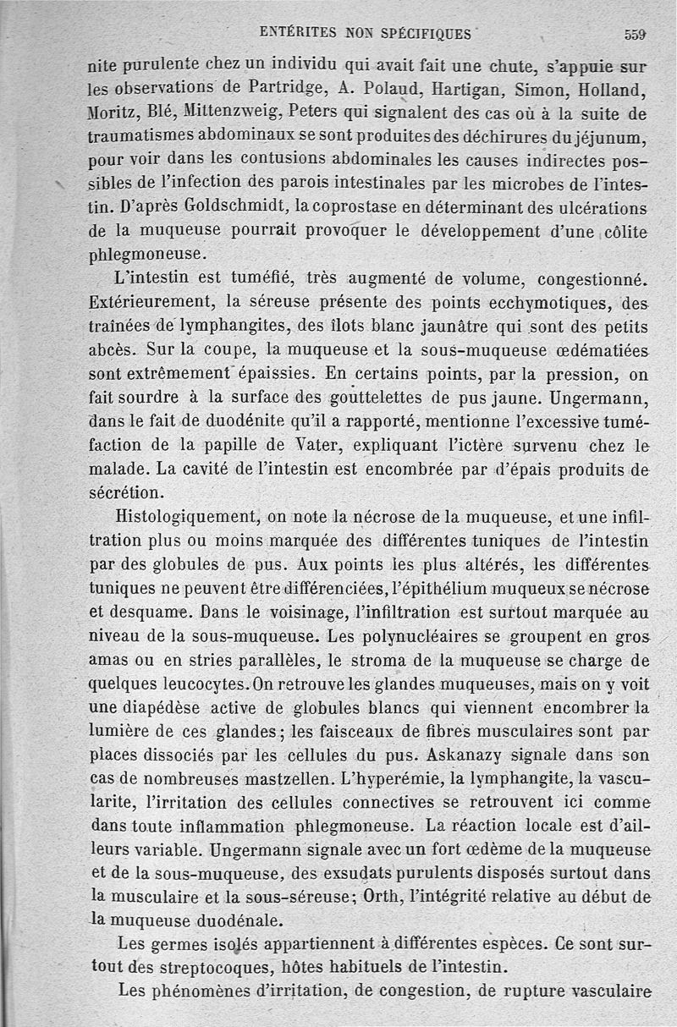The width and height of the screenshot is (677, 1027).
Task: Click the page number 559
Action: click(635, 34)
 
